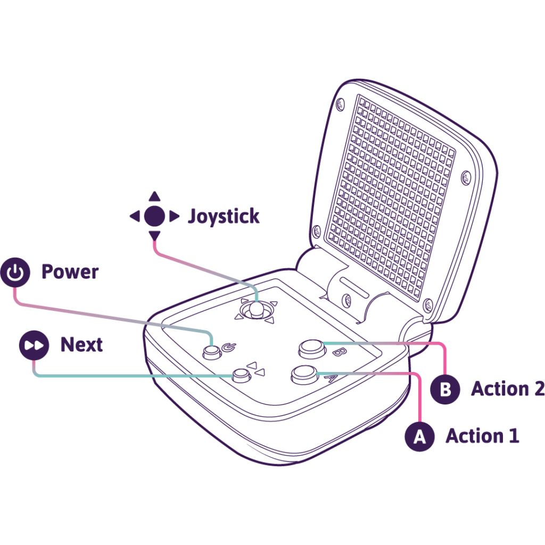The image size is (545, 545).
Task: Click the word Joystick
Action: tap(224, 217)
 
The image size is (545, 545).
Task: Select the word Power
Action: tap(70, 272)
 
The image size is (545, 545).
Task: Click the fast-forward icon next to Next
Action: tap(34, 345)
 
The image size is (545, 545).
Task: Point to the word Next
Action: tap(81, 345)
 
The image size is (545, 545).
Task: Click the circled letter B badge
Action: tap(445, 390)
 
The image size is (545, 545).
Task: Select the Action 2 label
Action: tap(507, 389)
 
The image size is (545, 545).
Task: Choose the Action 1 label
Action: tap(482, 436)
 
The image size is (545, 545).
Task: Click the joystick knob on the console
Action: tap(256, 309)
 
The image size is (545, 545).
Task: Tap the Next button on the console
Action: tap(241, 376)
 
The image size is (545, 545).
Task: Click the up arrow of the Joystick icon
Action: tap(154, 196)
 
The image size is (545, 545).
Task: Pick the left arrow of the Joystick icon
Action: tap(134, 216)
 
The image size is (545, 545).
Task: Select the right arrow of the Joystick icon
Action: tap(174, 216)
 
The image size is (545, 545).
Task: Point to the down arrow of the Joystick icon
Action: tap(154, 236)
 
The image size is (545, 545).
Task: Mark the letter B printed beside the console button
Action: tap(337, 352)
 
